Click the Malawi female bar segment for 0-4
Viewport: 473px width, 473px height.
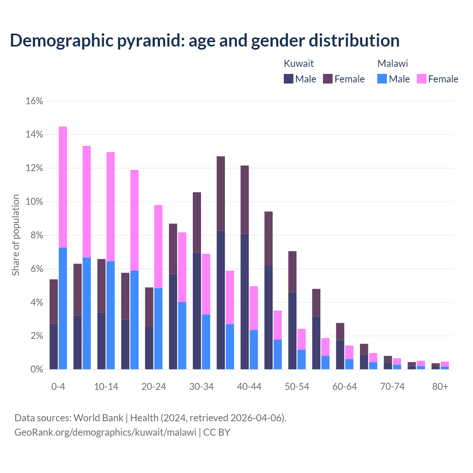pos(63,187)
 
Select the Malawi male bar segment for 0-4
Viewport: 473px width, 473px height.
pos(63,308)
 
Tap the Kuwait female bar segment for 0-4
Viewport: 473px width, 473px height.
pos(54,301)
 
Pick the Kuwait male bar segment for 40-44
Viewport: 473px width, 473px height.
pos(245,301)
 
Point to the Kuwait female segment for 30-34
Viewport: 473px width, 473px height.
pos(197,222)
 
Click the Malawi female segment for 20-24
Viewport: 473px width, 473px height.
pos(158,246)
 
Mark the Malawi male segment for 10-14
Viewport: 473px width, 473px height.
pos(110,315)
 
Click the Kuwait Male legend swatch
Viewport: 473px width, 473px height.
pos(289,79)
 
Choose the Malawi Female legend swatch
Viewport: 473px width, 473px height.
pos(421,79)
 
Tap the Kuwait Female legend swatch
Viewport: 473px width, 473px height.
pos(328,79)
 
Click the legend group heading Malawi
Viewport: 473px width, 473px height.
pos(392,64)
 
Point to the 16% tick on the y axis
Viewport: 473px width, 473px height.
pos(34,101)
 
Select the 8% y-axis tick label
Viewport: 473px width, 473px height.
pos(36,235)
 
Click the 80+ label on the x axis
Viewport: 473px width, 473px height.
pos(440,387)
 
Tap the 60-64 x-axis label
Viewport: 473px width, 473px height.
pos(345,387)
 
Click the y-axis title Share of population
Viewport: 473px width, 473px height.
pos(16,235)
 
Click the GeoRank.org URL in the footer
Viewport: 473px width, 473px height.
pos(105,432)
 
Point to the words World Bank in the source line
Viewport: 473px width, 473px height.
pos(98,418)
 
